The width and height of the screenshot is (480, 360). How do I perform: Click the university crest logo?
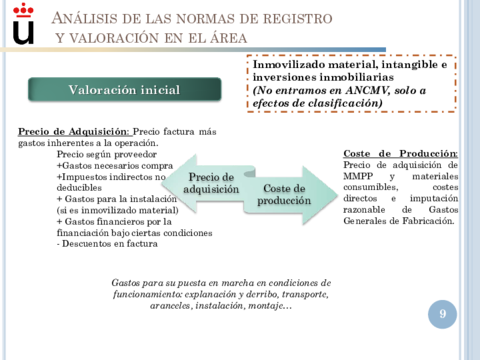tap(21, 24)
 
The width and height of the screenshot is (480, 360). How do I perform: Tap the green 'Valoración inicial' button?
tap(124, 90)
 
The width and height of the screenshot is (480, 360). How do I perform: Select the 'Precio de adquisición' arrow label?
tap(211, 182)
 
